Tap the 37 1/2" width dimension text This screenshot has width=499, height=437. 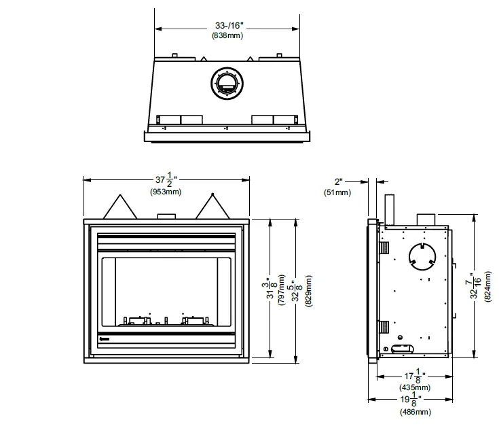[x=166, y=180]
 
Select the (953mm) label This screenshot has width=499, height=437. [x=166, y=192]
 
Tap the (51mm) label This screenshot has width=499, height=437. [x=337, y=193]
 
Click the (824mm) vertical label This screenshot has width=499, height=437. [x=487, y=285]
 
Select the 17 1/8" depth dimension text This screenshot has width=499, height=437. [x=414, y=375]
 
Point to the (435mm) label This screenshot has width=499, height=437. [x=414, y=387]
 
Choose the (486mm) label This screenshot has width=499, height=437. [x=414, y=412]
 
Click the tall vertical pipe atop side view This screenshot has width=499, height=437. [x=389, y=209]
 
